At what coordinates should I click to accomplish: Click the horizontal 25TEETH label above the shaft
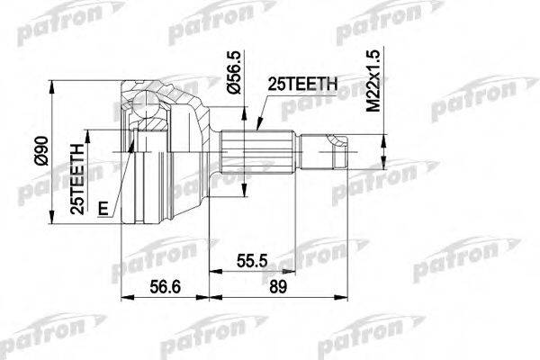tap(301, 84)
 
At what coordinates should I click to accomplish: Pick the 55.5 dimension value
tap(250, 258)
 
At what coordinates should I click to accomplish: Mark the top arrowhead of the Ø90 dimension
tap(55, 84)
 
